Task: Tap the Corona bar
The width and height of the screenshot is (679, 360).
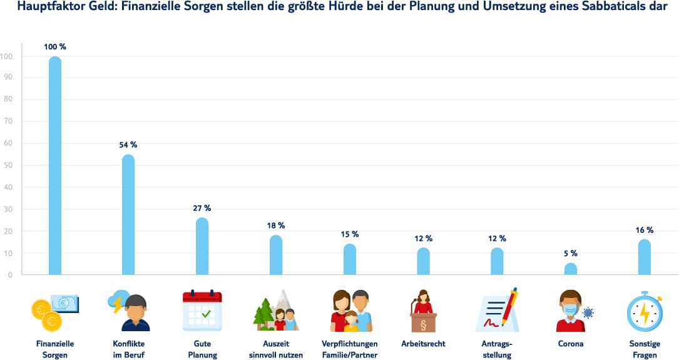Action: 571,269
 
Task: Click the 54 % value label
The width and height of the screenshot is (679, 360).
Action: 128,145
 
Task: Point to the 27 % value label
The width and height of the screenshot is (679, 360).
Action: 202,208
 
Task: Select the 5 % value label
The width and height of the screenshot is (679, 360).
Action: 571,254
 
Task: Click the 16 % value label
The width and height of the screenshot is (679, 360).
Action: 645,230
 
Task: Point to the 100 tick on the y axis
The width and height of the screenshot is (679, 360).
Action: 8,56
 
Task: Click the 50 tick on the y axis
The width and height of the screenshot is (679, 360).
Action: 8,166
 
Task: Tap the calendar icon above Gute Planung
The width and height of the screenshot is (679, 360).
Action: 202,311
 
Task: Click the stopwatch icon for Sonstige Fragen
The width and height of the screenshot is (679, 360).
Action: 644,311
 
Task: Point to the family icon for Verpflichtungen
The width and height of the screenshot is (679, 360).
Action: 350,311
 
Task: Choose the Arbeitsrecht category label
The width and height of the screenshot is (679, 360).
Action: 423,344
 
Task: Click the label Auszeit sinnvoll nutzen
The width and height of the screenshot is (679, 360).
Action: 276,349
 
